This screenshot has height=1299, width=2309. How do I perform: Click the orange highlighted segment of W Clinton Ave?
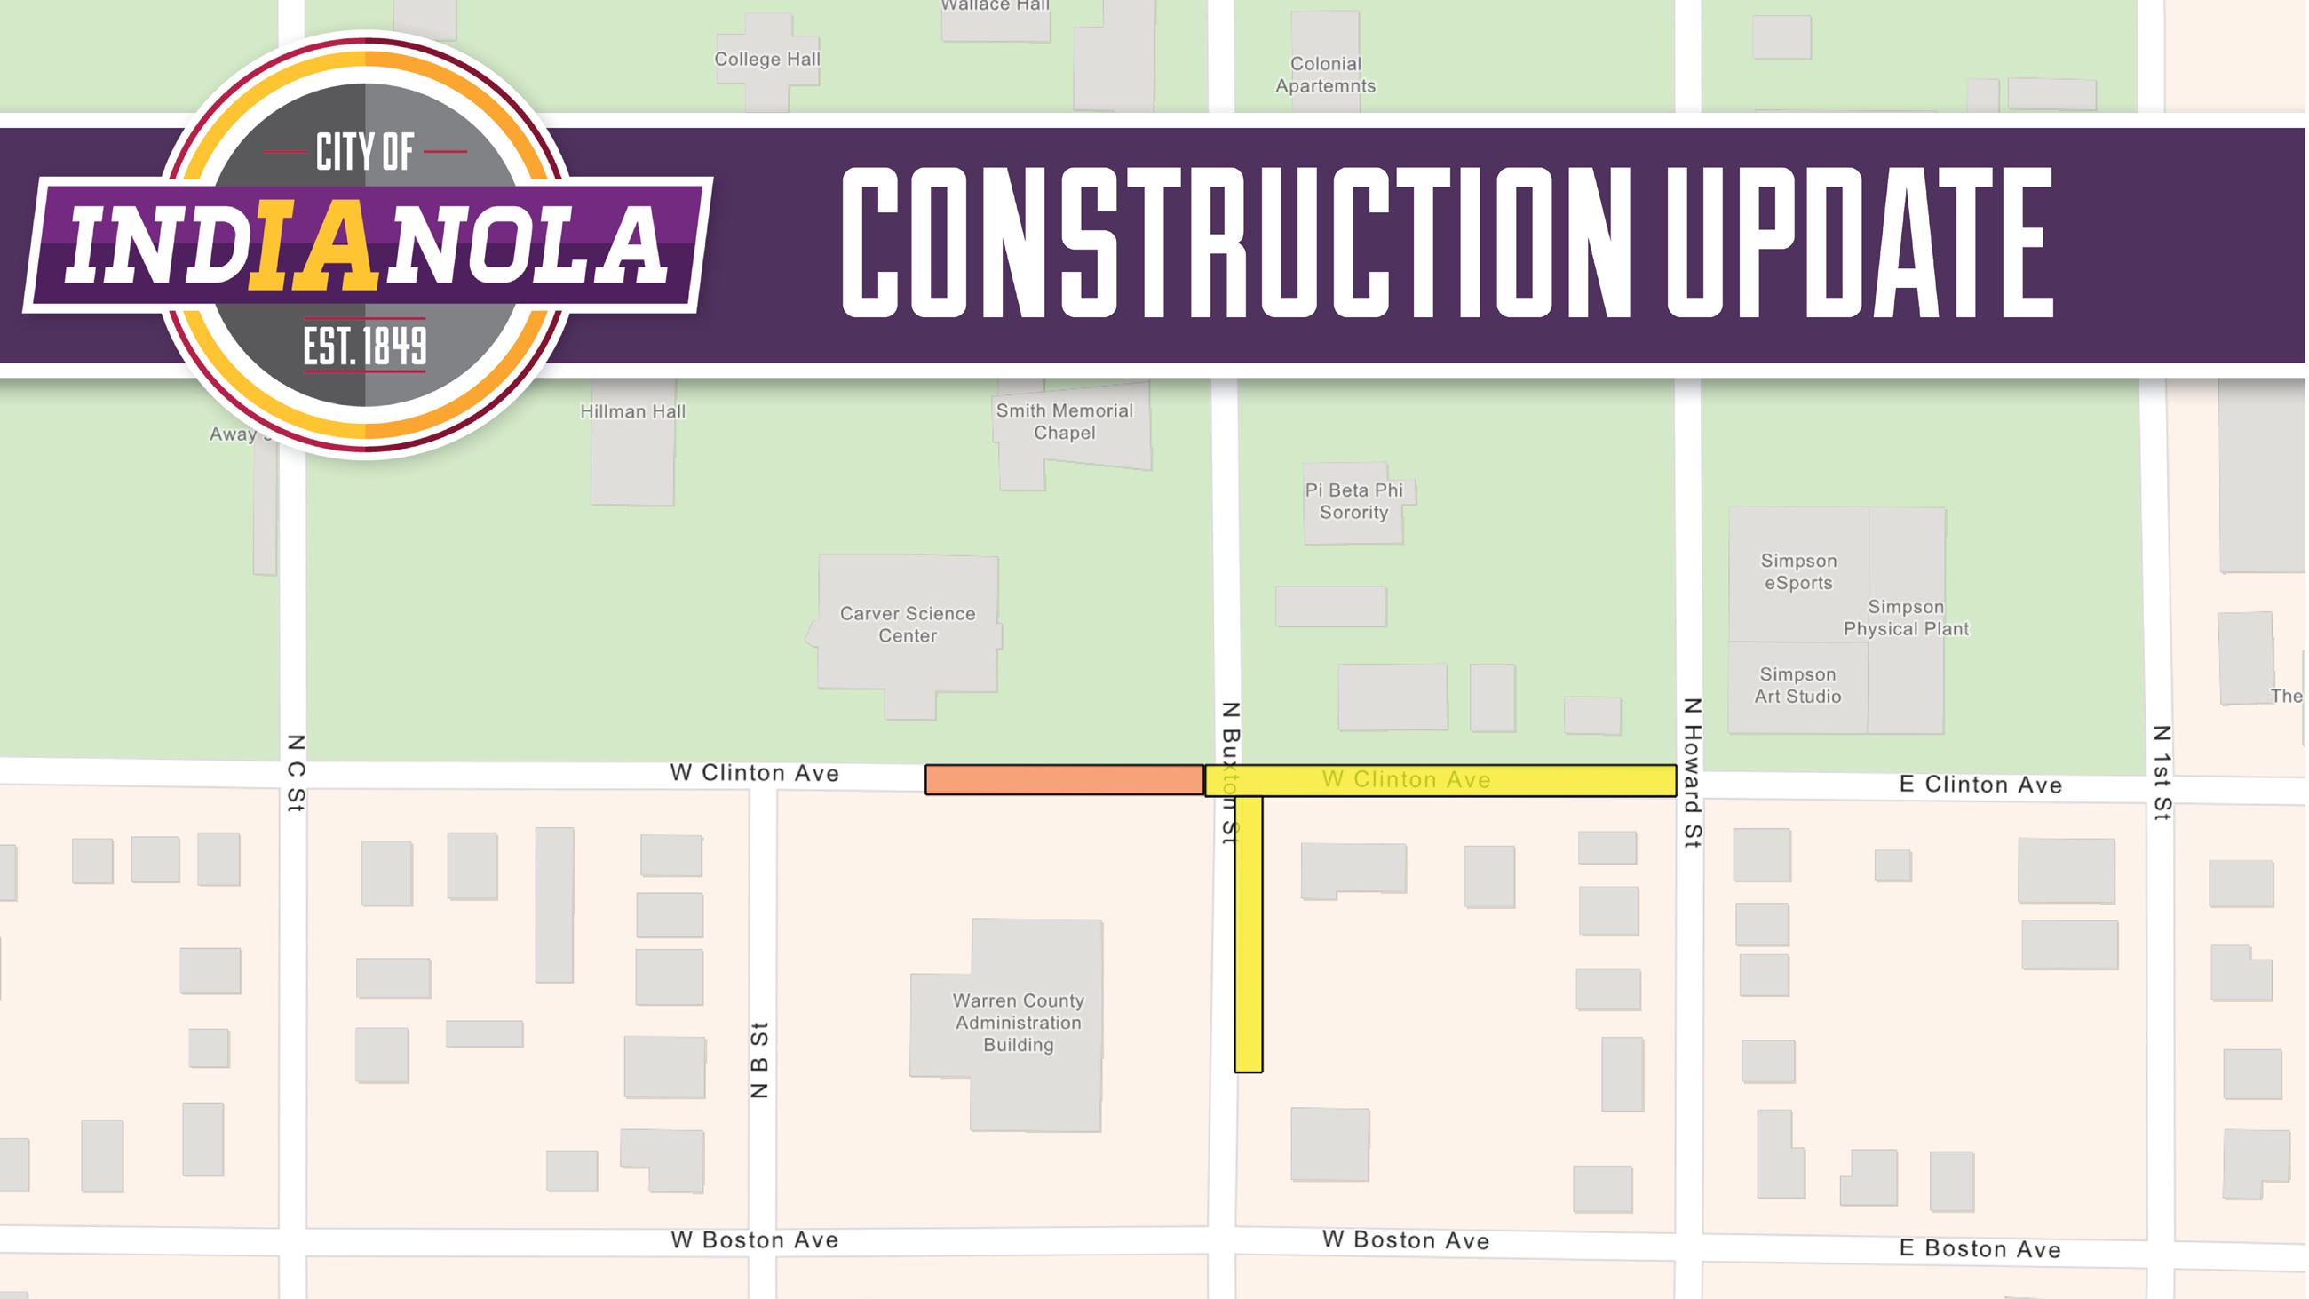pyautogui.click(x=1064, y=780)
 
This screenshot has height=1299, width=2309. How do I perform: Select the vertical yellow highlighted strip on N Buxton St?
pyautogui.click(x=1248, y=932)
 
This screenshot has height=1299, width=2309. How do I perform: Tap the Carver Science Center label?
pyautogui.click(x=907, y=625)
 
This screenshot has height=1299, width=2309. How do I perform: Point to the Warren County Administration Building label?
pyautogui.click(x=1018, y=1023)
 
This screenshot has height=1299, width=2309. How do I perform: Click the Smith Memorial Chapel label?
pyautogui.click(x=1064, y=421)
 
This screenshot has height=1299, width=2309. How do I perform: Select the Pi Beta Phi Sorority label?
pyautogui.click(x=1353, y=501)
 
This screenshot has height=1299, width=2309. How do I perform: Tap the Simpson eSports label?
pyautogui.click(x=1798, y=572)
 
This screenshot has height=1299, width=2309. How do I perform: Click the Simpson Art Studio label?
pyautogui.click(x=1797, y=686)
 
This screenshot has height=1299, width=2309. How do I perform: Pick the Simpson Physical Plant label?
pyautogui.click(x=1906, y=618)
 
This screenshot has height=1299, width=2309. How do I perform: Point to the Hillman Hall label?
pyautogui.click(x=632, y=412)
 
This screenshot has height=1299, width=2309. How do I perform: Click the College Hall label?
pyautogui.click(x=766, y=60)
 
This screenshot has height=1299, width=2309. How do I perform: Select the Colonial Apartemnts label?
pyautogui.click(x=1325, y=76)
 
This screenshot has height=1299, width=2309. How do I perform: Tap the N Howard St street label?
pyautogui.click(x=1692, y=773)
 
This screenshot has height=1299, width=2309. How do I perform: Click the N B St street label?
pyautogui.click(x=759, y=1060)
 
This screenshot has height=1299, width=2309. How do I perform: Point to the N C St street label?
pyautogui.click(x=296, y=773)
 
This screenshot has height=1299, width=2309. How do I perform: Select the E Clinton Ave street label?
pyautogui.click(x=1980, y=785)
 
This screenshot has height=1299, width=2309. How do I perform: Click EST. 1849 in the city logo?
pyautogui.click(x=365, y=347)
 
